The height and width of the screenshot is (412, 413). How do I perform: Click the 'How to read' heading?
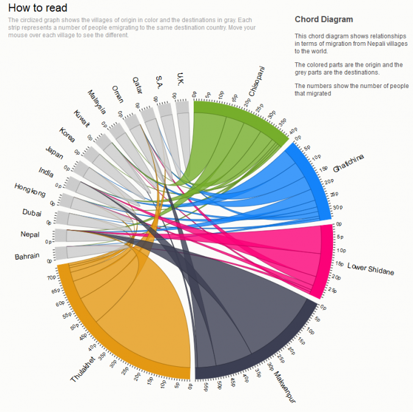click(x=37, y=8)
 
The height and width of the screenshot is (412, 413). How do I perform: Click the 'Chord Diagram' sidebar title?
click(x=323, y=20)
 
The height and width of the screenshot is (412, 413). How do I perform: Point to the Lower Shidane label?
click(x=370, y=269)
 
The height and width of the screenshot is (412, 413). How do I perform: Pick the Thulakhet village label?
click(x=84, y=370)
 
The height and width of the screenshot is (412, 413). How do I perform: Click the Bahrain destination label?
click(x=27, y=256)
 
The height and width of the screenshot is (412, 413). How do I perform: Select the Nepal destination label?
click(x=30, y=235)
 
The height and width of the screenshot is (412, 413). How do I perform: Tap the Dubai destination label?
click(x=32, y=213)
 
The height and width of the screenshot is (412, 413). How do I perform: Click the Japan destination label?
click(x=54, y=153)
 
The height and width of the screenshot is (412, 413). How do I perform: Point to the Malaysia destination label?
click(x=97, y=102)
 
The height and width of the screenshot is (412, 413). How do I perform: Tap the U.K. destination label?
click(x=180, y=78)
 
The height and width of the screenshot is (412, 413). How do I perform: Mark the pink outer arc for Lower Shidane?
click(x=328, y=263)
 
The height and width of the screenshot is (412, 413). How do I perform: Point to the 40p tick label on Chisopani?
click(x=293, y=130)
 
